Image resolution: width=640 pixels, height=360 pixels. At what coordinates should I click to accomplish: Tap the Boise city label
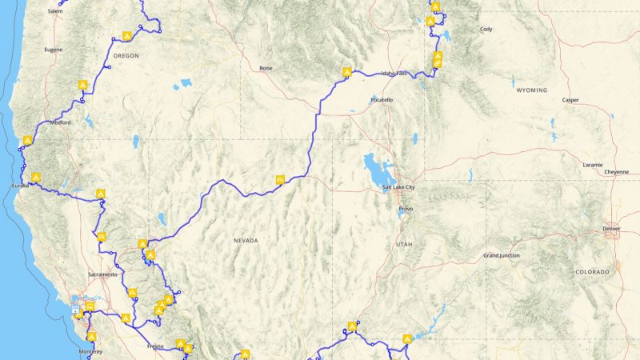[266, 68]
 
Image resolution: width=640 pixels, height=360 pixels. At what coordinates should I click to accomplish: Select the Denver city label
[610, 229]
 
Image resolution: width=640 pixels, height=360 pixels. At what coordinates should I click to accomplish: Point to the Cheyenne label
[616, 171]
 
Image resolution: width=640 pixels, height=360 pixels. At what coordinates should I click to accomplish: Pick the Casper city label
[570, 100]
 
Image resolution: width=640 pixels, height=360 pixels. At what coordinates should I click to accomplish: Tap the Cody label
[486, 29]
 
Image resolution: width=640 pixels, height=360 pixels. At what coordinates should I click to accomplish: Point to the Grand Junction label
[502, 255]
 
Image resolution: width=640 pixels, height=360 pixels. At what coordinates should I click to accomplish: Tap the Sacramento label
[103, 274]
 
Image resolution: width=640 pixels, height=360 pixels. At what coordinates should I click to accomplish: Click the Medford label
[60, 122]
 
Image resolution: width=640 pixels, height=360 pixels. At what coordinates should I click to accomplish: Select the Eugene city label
[53, 50]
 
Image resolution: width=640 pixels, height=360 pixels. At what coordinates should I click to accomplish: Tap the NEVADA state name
[246, 240]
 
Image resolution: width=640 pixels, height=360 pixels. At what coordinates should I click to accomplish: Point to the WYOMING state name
[531, 90]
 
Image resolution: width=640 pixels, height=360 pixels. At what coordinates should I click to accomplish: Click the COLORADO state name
[592, 272]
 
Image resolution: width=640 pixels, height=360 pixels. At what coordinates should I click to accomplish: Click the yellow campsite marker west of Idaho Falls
[346, 71]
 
